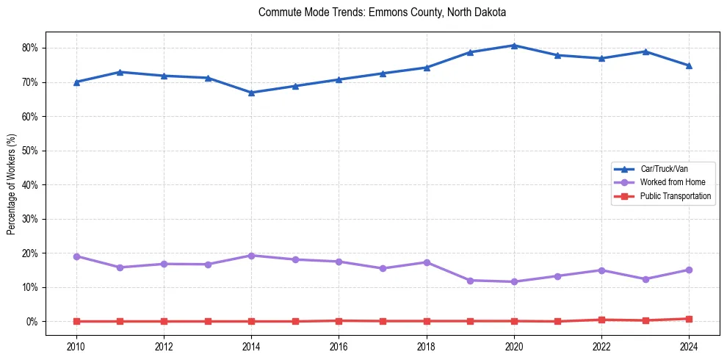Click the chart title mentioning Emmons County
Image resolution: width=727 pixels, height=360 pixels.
click(383, 13)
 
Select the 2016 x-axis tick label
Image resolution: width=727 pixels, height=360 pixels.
click(339, 346)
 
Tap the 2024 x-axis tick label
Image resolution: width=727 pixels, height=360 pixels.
click(689, 346)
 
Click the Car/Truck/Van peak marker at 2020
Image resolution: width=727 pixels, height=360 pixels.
click(514, 46)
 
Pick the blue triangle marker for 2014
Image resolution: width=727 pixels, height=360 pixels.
click(251, 93)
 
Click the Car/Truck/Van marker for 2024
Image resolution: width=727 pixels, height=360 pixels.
click(689, 65)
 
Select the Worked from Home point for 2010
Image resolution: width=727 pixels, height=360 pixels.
click(76, 256)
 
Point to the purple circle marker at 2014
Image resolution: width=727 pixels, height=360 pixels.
click(251, 256)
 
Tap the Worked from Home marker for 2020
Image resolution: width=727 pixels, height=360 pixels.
click(514, 281)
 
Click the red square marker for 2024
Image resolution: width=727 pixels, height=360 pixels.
click(689, 319)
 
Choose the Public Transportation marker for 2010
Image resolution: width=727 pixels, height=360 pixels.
click(76, 321)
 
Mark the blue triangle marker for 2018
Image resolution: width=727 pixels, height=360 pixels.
click(427, 68)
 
